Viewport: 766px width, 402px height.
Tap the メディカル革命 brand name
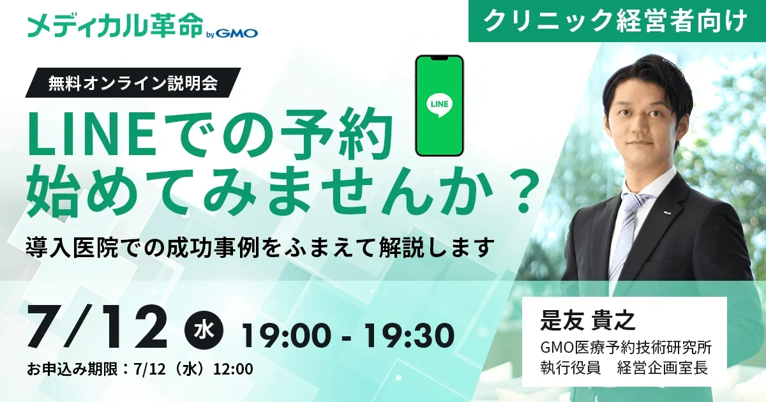116,26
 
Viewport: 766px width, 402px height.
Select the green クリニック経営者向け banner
617,21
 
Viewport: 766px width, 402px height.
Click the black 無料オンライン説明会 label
133,83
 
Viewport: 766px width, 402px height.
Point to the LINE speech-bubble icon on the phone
439,105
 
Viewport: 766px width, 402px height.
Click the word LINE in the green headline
93,136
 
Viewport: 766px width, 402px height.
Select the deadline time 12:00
233,369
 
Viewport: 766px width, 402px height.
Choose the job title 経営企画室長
663,369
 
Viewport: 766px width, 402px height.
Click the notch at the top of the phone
439,59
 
